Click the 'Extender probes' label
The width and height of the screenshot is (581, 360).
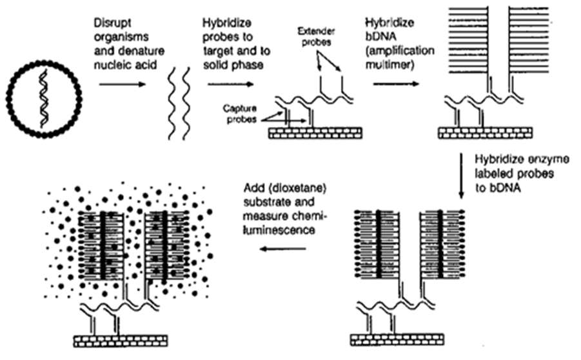pos(318,34)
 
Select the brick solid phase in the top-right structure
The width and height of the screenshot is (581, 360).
pos(484,132)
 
